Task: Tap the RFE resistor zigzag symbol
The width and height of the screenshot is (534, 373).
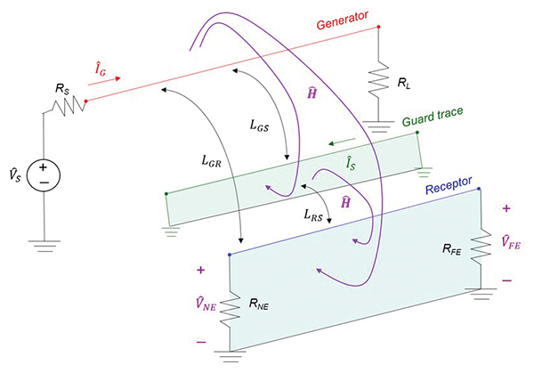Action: pos(481,243)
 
